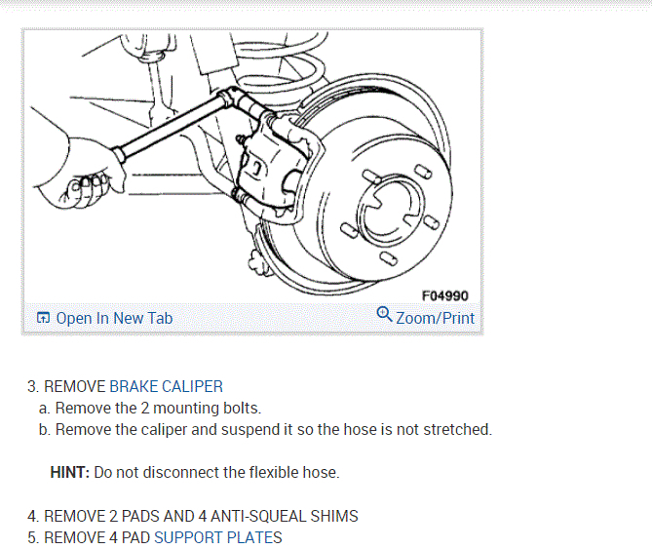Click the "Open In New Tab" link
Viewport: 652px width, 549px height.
[114, 318]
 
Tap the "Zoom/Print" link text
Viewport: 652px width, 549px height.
[435, 318]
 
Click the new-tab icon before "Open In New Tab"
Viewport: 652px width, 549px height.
[44, 318]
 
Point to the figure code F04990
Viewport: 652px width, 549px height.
[446, 295]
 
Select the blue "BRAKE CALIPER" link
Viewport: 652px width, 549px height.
[166, 386]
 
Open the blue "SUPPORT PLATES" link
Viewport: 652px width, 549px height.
[218, 537]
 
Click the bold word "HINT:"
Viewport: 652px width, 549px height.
[70, 472]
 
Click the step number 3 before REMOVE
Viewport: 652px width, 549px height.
[32, 386]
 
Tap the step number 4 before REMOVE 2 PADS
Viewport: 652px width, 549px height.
[32, 516]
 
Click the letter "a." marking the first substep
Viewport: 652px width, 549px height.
[45, 408]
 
